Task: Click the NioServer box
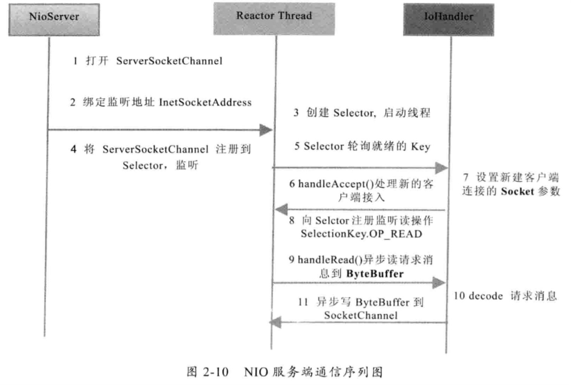tap(54, 20)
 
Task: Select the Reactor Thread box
tap(274, 19)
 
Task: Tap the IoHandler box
tap(448, 20)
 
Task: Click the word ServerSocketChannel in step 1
tap(169, 61)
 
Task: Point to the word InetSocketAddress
tap(205, 102)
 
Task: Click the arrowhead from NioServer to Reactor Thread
tap(266, 130)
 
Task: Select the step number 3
tap(296, 113)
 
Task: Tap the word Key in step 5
tap(421, 146)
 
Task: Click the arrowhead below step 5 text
tap(442, 168)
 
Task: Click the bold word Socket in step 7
tap(517, 192)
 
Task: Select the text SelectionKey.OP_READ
tap(361, 234)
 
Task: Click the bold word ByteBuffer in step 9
tap(375, 274)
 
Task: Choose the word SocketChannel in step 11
tap(361, 315)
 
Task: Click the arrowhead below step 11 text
tap(276, 322)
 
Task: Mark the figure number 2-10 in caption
tap(216, 372)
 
